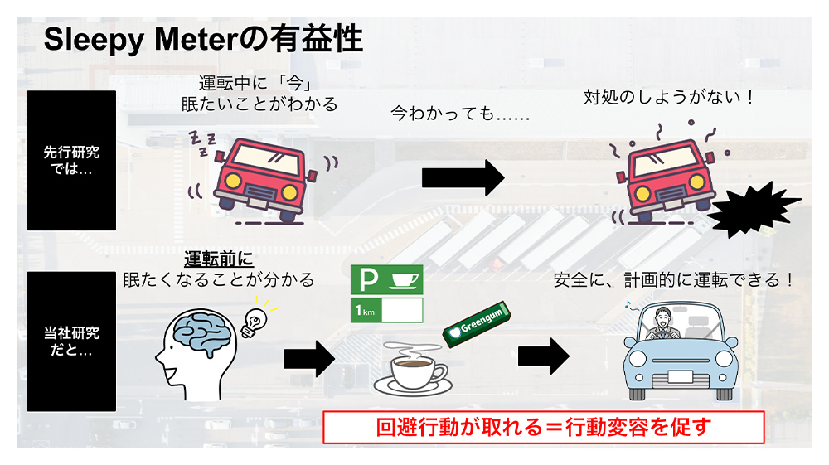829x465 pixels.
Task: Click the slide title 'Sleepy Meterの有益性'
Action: point(203,40)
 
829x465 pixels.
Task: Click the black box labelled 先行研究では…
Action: point(71,160)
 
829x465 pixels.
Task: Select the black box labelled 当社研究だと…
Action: point(71,341)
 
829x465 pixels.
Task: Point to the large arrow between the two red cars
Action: point(463,177)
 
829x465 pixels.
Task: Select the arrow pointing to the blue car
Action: point(544,356)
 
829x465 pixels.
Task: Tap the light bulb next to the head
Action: point(253,322)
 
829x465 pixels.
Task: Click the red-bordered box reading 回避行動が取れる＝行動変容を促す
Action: point(543,427)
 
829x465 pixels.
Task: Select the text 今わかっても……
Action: point(460,114)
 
